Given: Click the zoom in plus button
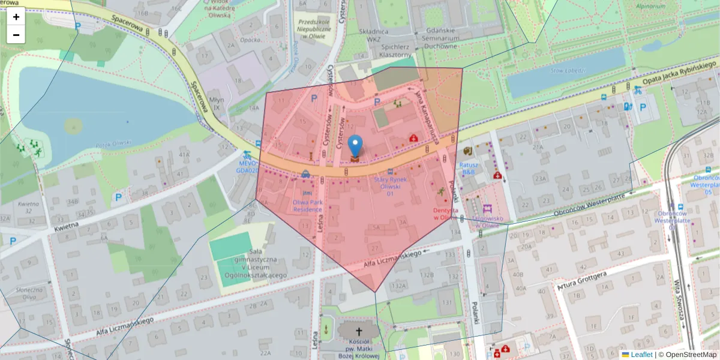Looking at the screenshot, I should [x=16, y=17].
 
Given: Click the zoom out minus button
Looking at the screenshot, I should [x=16, y=35].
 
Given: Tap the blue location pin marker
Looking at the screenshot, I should [x=356, y=145].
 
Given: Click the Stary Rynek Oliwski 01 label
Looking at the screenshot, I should [x=390, y=187].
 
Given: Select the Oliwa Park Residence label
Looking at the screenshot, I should [x=307, y=206].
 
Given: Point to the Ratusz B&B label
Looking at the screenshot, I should [x=468, y=168].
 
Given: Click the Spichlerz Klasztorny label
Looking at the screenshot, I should [x=394, y=50].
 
